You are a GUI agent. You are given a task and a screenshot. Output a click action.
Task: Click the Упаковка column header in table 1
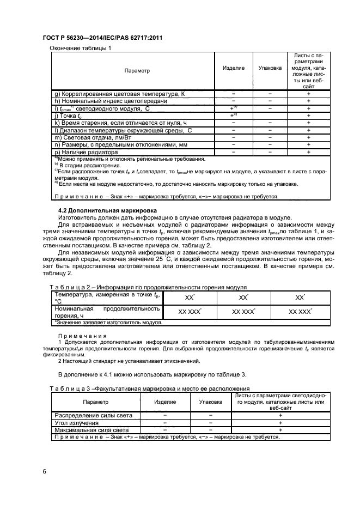click(x=270, y=68)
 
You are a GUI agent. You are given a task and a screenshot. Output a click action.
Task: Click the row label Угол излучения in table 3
click(x=76, y=423)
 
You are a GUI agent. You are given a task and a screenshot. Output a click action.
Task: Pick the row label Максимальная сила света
click(x=91, y=430)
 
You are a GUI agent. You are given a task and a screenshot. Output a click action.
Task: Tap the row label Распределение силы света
click(x=89, y=415)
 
